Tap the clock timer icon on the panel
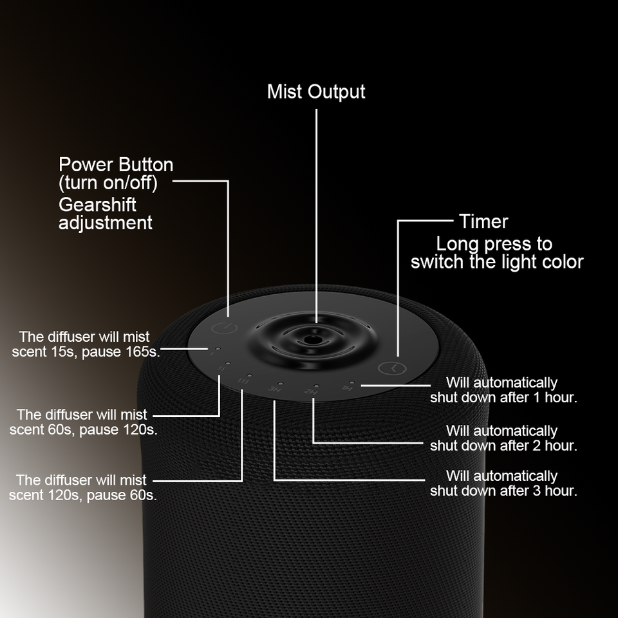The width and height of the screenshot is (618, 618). pyautogui.click(x=392, y=368)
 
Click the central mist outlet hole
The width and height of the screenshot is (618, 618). pyautogui.click(x=312, y=340)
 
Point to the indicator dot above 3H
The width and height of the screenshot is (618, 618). pyautogui.click(x=280, y=383)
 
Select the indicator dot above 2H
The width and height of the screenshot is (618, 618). pyautogui.click(x=315, y=386)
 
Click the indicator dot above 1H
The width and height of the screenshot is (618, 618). pyautogui.click(x=351, y=382)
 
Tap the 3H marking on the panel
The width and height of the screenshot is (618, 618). pyautogui.click(x=274, y=389)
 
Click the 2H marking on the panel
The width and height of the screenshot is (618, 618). pyautogui.click(x=310, y=392)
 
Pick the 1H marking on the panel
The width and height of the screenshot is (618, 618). pyautogui.click(x=347, y=389)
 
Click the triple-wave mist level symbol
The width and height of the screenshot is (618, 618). pyautogui.click(x=243, y=381)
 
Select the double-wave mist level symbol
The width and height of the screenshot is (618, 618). pyautogui.click(x=222, y=368)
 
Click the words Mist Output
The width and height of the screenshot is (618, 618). pyautogui.click(x=316, y=92)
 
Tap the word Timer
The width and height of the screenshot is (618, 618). pyautogui.click(x=483, y=221)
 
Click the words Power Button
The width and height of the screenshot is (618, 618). pyautogui.click(x=116, y=164)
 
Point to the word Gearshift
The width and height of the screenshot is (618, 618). pyautogui.click(x=97, y=205)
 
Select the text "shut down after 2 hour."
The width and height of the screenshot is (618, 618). pyautogui.click(x=503, y=445)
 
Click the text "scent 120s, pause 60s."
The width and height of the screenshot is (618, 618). pyautogui.click(x=83, y=495)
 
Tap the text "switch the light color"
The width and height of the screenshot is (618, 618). pyautogui.click(x=496, y=262)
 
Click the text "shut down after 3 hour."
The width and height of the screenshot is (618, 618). pyautogui.click(x=503, y=491)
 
